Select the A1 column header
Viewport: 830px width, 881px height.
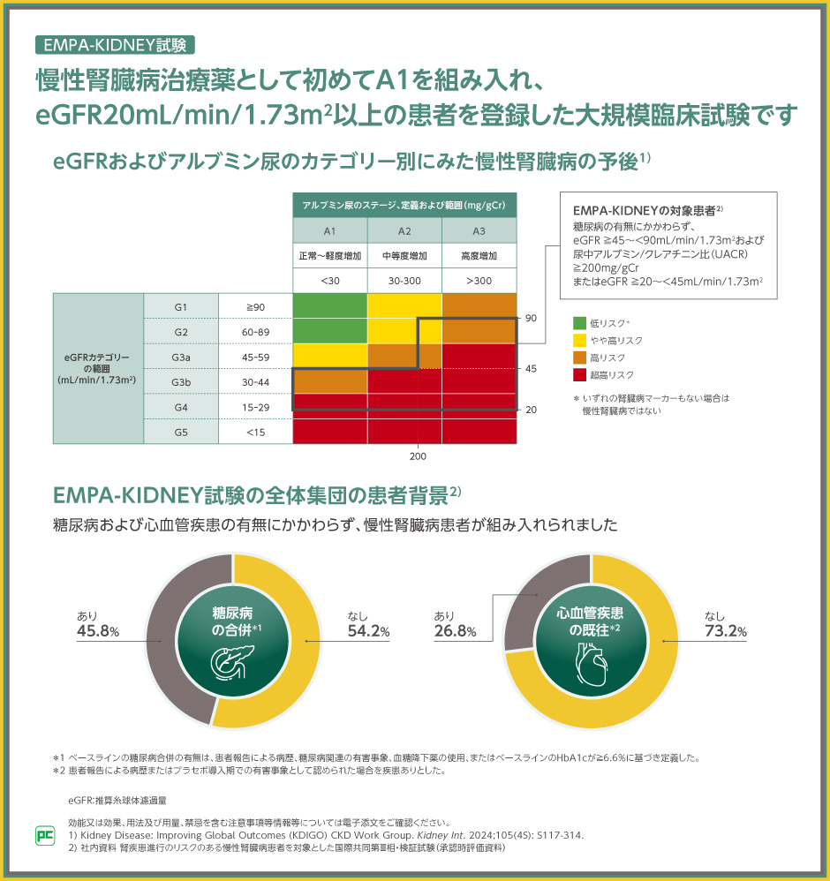[329, 230]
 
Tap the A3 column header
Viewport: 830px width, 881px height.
[479, 230]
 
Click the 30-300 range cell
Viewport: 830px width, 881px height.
[404, 281]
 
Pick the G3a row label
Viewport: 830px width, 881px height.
[182, 357]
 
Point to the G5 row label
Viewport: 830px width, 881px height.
[182, 432]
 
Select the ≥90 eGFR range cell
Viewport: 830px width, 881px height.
[255, 306]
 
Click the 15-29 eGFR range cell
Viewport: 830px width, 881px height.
[255, 407]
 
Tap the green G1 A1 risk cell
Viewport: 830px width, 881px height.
[329, 306]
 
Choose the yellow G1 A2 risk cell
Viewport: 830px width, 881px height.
[404, 306]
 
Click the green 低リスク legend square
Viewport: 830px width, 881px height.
[580, 323]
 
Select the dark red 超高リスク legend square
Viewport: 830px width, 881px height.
[580, 375]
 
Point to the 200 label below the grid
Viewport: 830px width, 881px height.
[418, 457]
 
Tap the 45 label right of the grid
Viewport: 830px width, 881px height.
[531, 369]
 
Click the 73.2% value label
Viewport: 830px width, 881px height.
[726, 631]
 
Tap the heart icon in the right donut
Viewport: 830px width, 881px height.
[590, 660]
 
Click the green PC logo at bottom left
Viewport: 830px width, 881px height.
[44, 834]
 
